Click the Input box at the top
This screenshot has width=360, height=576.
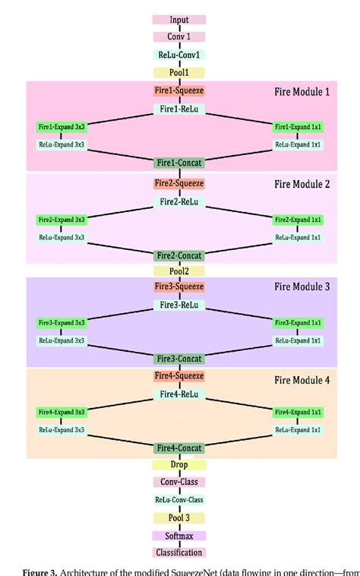179,20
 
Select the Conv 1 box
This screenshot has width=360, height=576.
179,36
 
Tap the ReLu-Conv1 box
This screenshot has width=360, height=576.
179,55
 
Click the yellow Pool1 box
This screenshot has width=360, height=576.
179,73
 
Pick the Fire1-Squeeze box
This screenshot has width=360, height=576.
179,90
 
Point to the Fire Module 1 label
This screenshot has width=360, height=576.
302,92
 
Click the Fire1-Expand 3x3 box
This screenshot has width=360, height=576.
62,126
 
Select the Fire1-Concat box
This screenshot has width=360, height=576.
179,162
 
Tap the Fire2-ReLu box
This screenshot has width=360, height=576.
179,202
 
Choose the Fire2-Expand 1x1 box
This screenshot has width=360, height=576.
298,220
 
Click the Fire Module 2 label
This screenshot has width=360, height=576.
302,185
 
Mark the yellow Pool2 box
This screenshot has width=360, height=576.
179,271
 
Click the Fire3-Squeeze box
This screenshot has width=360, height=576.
179,287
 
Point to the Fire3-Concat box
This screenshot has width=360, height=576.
179,358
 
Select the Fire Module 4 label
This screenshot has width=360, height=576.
302,379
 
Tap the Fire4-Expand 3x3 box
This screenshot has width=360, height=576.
62,413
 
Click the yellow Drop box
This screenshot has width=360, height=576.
179,464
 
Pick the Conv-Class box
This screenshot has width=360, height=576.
179,482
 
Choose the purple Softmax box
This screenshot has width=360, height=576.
179,535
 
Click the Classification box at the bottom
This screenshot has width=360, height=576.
179,552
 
